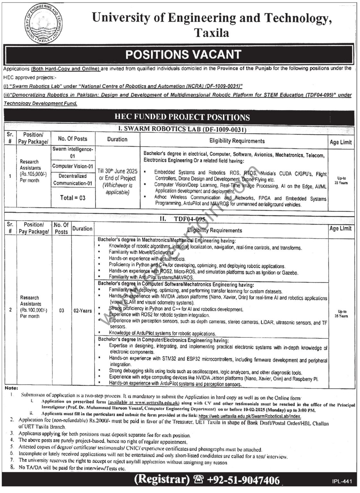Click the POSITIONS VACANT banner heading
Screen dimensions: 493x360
click(x=183, y=54)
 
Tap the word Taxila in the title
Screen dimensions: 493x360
click(x=211, y=32)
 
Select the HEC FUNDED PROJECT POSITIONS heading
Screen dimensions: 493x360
click(x=182, y=117)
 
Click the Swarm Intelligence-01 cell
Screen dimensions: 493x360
click(x=73, y=152)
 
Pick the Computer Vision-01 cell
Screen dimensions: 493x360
click(x=73, y=166)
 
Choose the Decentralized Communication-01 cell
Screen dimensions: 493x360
click(x=73, y=180)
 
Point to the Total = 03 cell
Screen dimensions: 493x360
click(x=73, y=198)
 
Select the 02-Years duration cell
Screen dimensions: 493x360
click(x=82, y=311)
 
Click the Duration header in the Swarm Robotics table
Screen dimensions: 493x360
click(x=117, y=139)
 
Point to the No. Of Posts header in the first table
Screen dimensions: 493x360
click(x=73, y=139)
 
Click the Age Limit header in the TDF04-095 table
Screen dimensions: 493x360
click(x=340, y=229)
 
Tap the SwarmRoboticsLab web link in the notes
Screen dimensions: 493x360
click(x=252, y=416)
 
